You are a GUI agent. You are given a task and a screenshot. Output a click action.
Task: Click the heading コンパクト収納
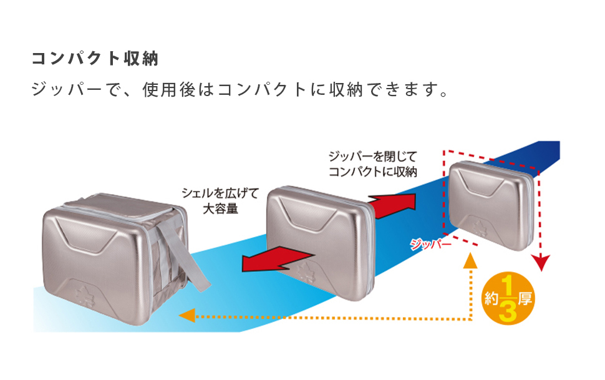coord(95,59)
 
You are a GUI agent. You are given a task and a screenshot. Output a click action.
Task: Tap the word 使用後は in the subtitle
coord(178,90)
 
